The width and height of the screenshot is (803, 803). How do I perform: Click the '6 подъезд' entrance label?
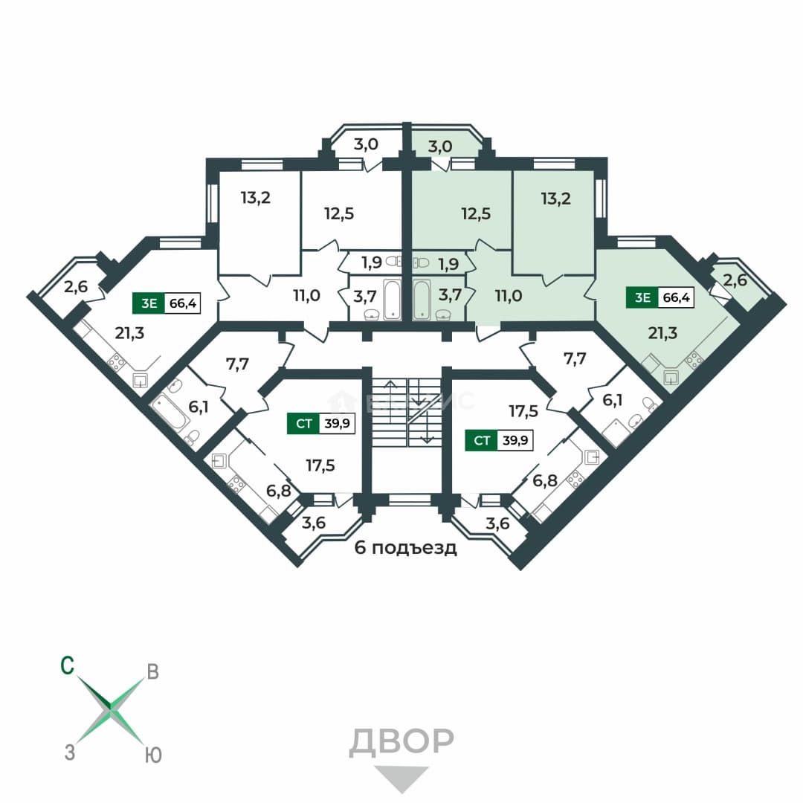coord(406,548)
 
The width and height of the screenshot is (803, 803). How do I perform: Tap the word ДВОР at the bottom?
coord(401,742)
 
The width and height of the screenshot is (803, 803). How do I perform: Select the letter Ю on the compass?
coord(153,755)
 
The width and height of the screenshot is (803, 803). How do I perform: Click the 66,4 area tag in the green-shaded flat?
coord(676,297)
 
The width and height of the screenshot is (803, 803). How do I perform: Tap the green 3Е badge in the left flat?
coord(149,303)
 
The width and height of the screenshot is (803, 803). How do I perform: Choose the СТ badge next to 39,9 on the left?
coord(303,424)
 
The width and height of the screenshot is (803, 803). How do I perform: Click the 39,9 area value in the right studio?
coord(515,440)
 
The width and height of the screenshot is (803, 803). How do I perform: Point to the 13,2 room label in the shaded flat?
coord(555,199)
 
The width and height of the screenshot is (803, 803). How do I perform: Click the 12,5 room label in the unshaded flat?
coord(339,213)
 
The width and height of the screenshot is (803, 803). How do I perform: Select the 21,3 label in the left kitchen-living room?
coord(129,333)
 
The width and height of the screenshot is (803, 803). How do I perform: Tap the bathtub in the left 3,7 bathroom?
coord(393,300)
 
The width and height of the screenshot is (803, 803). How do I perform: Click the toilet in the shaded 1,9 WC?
coord(420,262)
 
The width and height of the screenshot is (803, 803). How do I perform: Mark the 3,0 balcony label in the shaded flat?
coord(440,146)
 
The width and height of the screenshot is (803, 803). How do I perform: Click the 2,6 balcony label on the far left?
coord(76,287)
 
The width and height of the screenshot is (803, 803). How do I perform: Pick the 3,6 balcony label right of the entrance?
coord(497,523)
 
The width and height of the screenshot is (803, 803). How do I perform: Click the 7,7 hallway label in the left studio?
coord(237,364)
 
